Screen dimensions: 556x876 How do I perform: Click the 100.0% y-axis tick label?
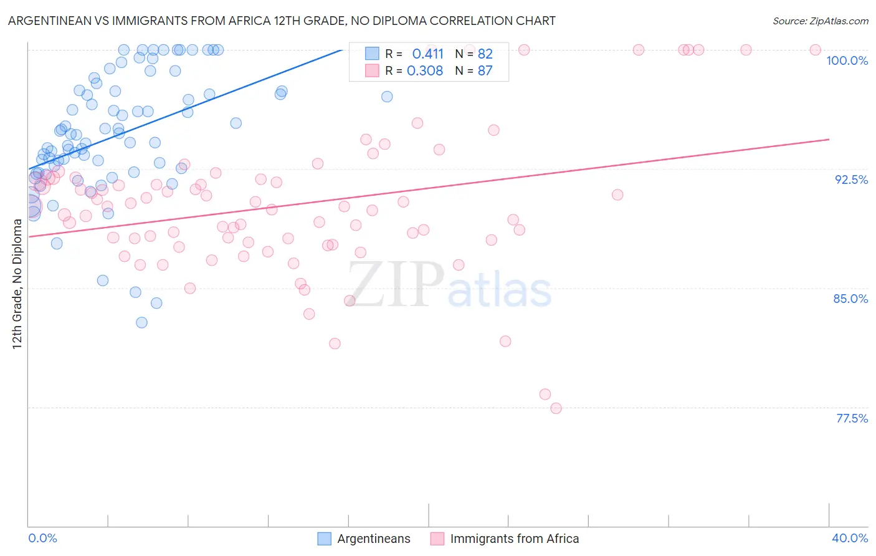(x=847, y=60)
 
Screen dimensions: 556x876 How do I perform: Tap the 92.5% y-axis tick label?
(x=851, y=180)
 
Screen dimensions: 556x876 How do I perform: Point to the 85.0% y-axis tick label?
(x=850, y=299)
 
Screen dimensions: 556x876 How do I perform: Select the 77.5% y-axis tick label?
(x=852, y=418)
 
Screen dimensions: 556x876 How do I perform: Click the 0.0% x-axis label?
(x=42, y=538)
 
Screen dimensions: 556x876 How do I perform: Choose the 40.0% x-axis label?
(x=849, y=538)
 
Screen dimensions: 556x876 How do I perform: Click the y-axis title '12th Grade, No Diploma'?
(x=17, y=284)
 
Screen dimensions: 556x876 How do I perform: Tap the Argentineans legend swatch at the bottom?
(x=324, y=539)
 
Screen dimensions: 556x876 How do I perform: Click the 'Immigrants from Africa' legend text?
(x=514, y=539)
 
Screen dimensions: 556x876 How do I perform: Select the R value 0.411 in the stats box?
(x=427, y=54)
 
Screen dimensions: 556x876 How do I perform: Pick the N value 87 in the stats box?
(x=485, y=71)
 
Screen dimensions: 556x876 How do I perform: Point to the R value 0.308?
(x=425, y=71)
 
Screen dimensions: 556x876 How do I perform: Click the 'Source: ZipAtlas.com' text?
(x=820, y=21)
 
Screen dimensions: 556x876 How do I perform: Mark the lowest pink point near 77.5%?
(x=556, y=408)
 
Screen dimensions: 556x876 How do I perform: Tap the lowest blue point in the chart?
(x=141, y=322)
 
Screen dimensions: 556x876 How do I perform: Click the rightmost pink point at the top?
(x=815, y=50)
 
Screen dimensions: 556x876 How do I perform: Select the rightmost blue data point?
(x=387, y=97)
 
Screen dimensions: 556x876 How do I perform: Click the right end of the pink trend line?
(x=829, y=139)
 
